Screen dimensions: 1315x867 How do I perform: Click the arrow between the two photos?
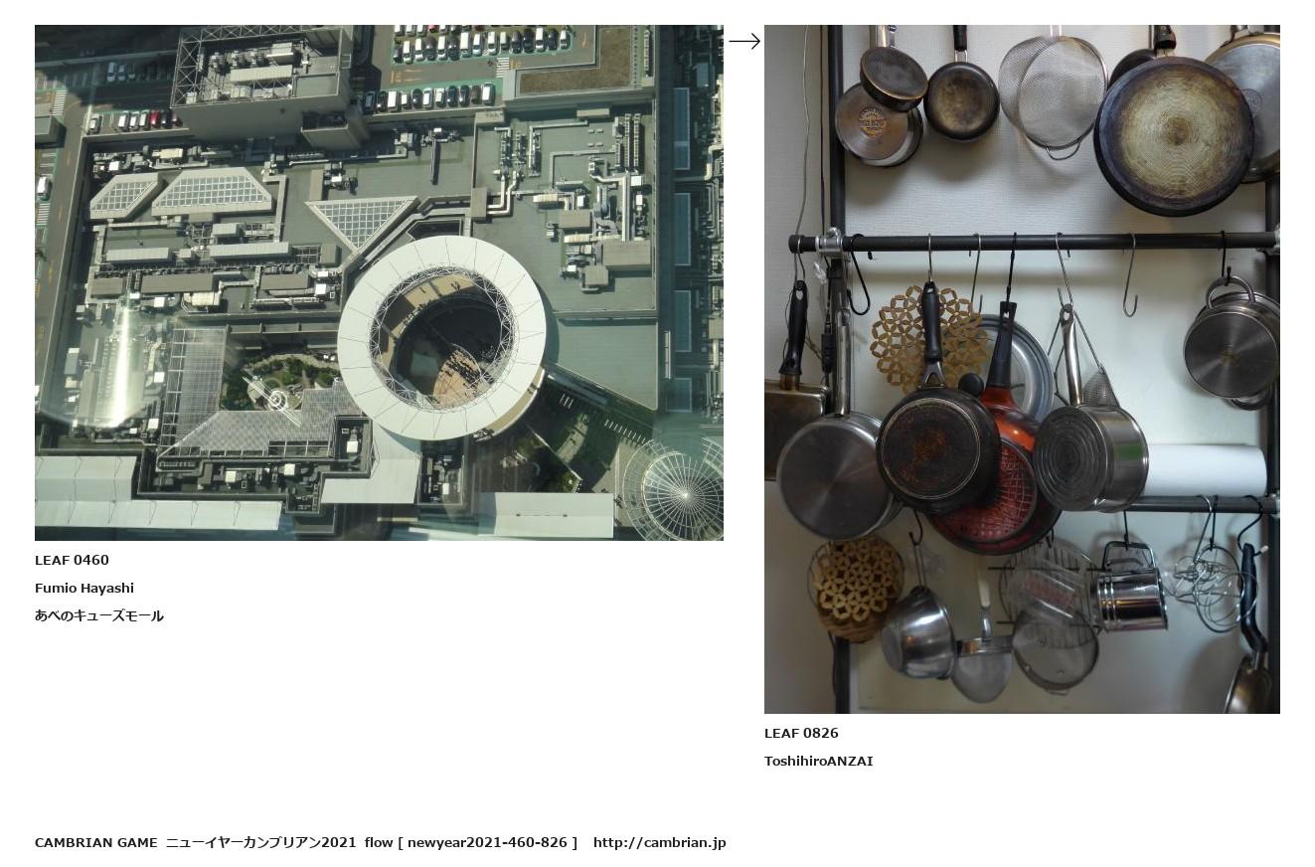744,41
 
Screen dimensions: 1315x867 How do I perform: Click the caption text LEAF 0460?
72,561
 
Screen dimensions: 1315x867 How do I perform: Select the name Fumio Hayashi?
83,588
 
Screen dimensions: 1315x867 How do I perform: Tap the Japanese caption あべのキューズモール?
99,616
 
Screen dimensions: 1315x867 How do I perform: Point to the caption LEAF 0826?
801,733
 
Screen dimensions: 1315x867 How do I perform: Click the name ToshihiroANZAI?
818,762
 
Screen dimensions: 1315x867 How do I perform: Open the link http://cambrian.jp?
659,843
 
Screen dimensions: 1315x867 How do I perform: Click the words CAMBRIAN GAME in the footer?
95,843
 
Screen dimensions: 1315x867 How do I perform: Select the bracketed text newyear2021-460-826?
487,843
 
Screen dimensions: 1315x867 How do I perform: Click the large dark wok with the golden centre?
1174,135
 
